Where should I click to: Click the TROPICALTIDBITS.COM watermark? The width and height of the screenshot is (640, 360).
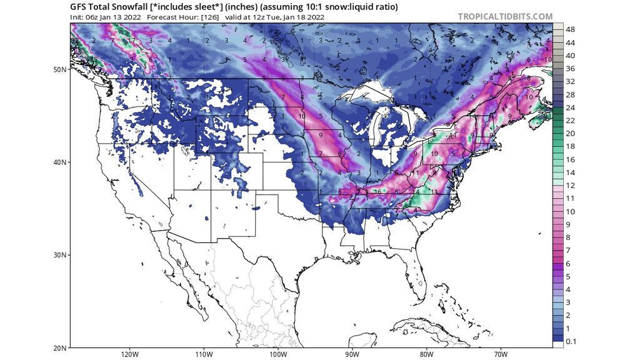505,16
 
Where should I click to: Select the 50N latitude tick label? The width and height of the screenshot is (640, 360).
60,69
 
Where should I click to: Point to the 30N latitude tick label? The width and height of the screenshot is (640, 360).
60,255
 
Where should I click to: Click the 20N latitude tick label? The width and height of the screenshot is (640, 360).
60,347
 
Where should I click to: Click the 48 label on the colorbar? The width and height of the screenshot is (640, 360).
570,29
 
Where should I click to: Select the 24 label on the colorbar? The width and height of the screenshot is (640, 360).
570,107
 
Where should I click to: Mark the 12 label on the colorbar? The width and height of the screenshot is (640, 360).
570,185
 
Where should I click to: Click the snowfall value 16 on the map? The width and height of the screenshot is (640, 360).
377,192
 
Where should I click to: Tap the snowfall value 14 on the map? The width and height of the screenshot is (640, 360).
415,191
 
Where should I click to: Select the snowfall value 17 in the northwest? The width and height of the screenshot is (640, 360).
132,41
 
